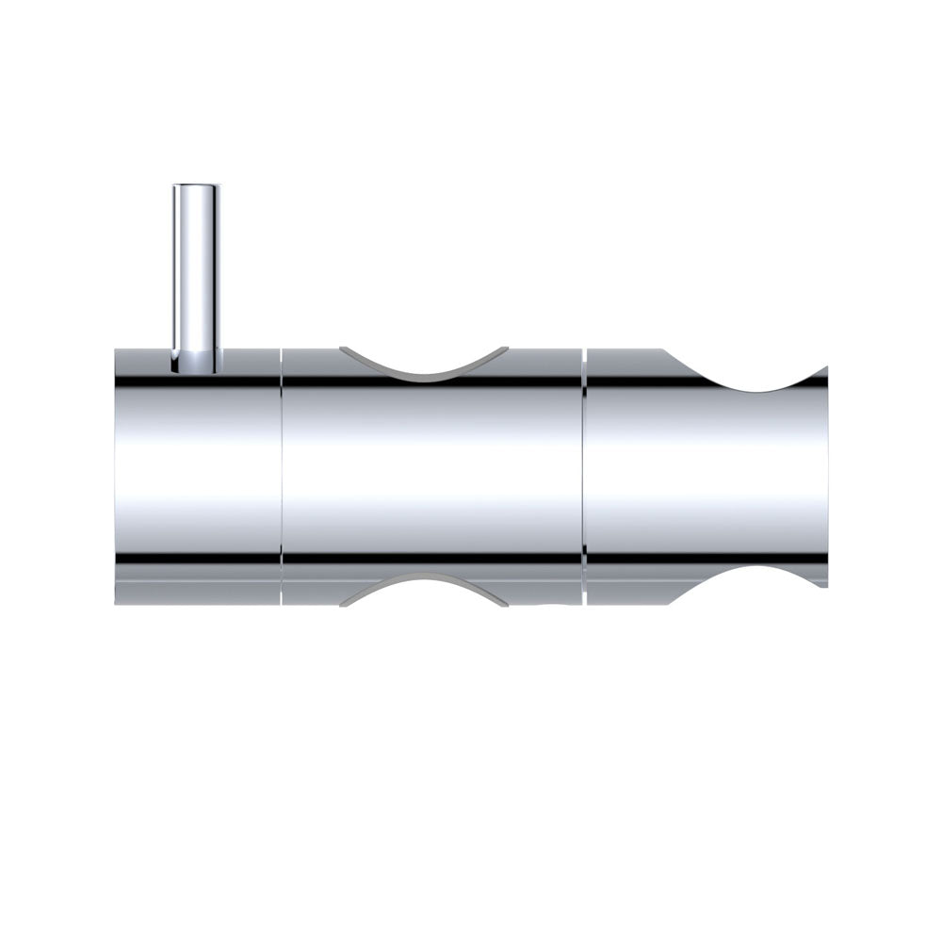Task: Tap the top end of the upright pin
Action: click(x=196, y=187)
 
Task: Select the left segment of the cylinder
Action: click(x=198, y=471)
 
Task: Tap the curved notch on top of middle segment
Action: click(x=425, y=364)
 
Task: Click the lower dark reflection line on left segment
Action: click(x=198, y=559)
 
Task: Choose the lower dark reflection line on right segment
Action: click(x=641, y=559)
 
